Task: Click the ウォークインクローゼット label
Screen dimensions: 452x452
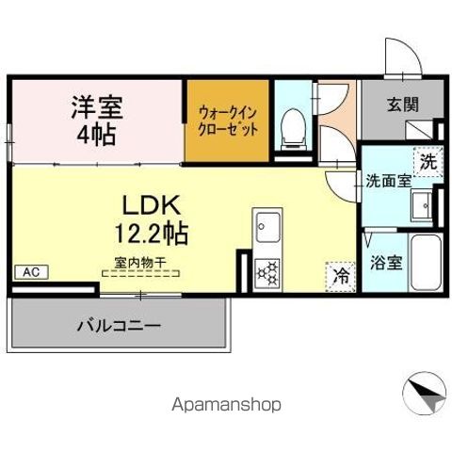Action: [x=227, y=120]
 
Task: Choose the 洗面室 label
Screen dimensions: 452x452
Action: [x=387, y=181]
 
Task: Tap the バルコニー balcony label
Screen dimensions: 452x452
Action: [x=118, y=326]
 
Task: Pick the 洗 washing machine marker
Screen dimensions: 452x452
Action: [x=428, y=161]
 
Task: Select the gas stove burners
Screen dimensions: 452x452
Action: [x=267, y=271]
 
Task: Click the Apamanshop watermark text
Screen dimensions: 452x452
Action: [x=225, y=405]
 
